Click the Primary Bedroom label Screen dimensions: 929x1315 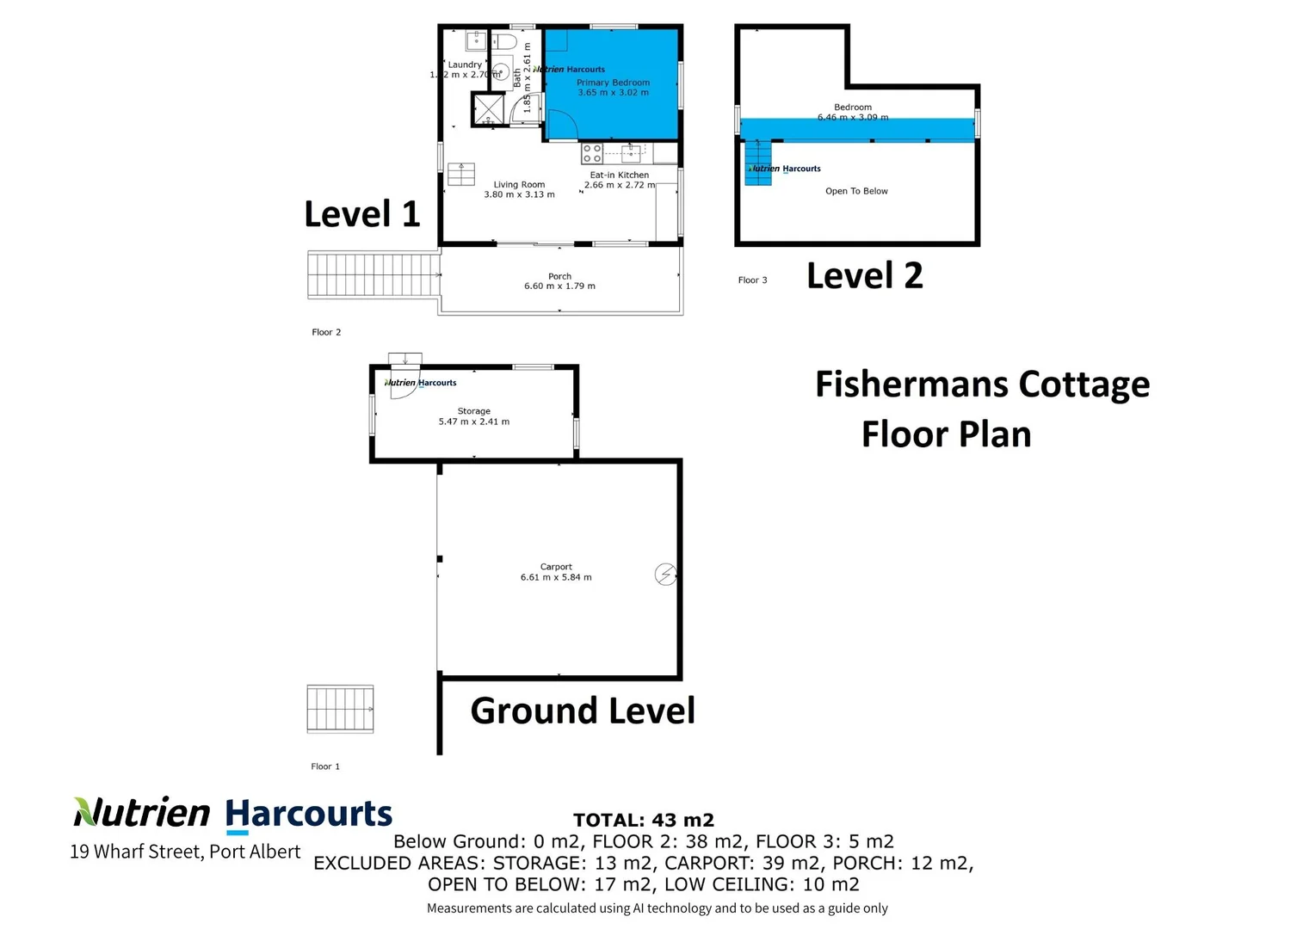pos(613,83)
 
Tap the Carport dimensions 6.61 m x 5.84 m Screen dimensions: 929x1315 pos(556,578)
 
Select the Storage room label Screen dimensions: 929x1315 pos(473,411)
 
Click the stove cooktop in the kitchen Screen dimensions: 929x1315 pos(592,154)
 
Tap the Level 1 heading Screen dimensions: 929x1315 pos(362,214)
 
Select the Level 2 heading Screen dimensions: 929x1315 pos(864,276)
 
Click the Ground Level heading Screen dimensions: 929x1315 pos(583,711)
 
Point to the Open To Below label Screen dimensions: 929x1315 pos(856,191)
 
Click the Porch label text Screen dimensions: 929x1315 pos(559,276)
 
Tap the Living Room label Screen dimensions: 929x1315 pos(519,184)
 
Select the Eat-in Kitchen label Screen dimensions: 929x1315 pos(619,175)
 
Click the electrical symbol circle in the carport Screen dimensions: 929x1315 pos(665,574)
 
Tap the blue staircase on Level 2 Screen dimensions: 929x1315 pos(757,163)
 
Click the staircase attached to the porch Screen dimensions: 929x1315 pos(373,275)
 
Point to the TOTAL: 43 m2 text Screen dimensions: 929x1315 pos(644,821)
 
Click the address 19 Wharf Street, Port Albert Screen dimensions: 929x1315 pos(185,852)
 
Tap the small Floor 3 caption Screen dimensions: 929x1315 pos(752,280)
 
